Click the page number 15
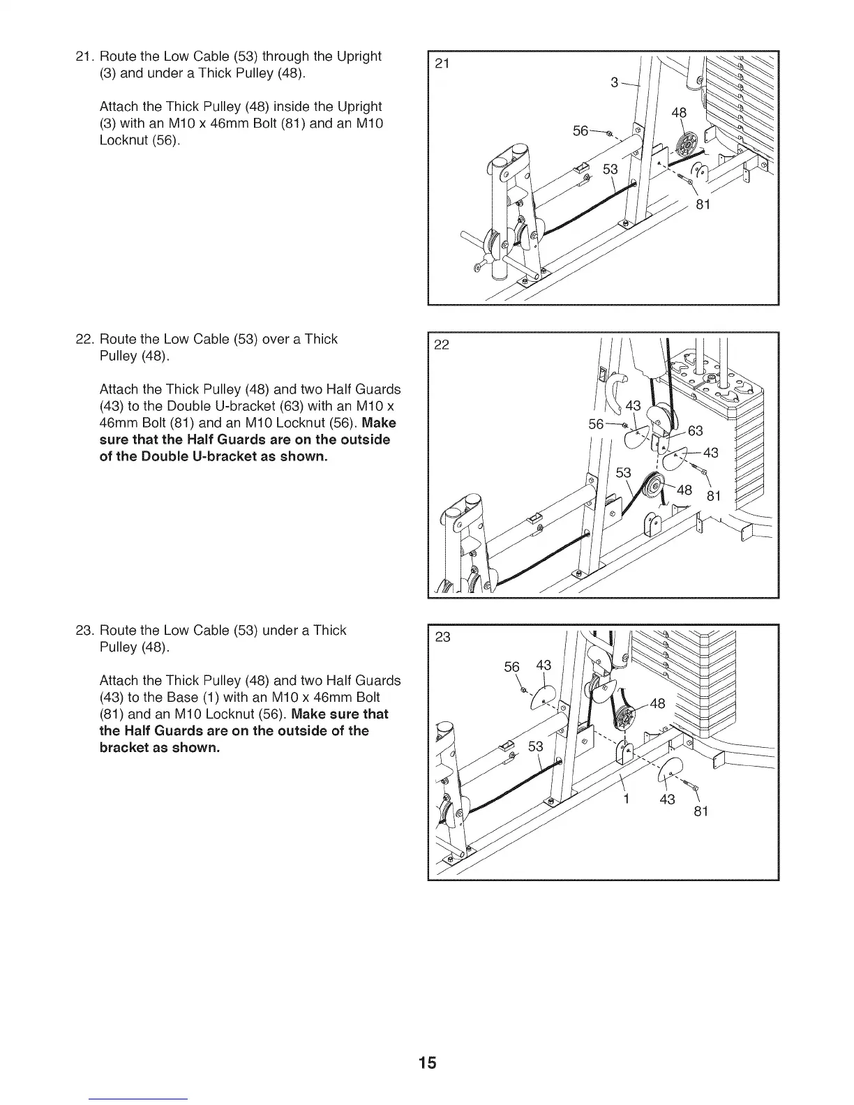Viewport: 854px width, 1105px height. coord(427,1062)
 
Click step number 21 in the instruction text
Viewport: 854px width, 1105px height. coord(84,57)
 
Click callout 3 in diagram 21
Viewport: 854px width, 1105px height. coord(615,82)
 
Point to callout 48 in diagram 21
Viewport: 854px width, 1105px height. coord(678,113)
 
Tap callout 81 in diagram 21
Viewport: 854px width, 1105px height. coord(703,204)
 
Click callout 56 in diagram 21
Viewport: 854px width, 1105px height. coord(580,130)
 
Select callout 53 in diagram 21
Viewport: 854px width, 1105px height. coord(610,170)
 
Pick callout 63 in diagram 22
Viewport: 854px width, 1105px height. coord(695,430)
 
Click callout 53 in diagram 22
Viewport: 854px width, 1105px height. coord(623,473)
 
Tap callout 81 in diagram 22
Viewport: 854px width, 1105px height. coord(713,497)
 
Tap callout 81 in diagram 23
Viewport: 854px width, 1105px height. coord(701,811)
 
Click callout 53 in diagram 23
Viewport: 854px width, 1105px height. coord(535,747)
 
